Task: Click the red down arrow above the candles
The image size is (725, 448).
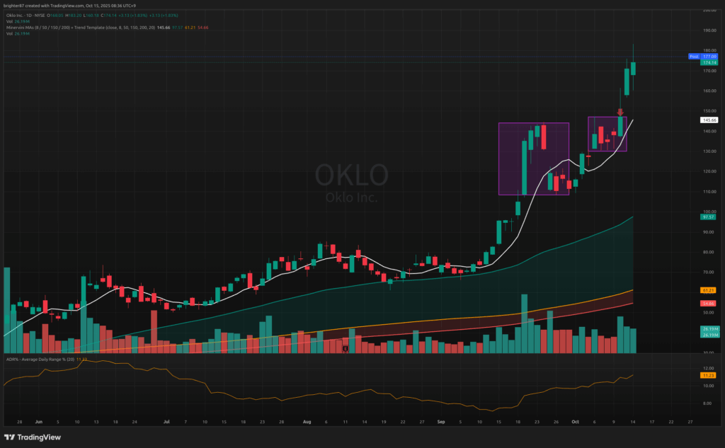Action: tap(620, 111)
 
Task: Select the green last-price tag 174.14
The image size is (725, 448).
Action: tap(710, 62)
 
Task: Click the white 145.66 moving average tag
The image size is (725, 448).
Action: tap(710, 120)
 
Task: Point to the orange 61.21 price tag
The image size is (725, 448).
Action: tap(710, 290)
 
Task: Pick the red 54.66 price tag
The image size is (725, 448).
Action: tap(710, 303)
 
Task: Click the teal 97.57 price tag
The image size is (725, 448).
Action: tap(710, 217)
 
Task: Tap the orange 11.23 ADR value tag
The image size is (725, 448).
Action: tap(710, 375)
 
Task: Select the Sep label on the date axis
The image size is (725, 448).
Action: tap(440, 421)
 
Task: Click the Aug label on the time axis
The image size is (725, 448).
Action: tap(307, 421)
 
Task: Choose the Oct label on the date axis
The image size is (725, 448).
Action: tap(575, 421)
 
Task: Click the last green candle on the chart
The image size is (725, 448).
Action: tap(634, 68)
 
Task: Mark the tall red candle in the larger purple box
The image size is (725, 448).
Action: tap(544, 137)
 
